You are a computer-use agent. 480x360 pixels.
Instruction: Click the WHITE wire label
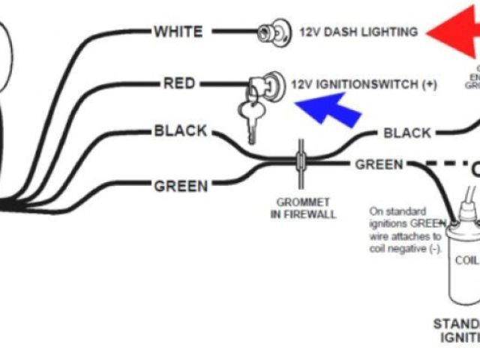pos(178,31)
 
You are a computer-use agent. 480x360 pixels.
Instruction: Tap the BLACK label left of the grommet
pos(180,131)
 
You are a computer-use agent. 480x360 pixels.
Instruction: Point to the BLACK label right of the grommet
pos(407,133)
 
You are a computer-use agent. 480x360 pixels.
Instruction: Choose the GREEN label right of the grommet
pos(379,164)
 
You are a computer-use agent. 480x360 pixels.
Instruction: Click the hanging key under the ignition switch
pos(250,116)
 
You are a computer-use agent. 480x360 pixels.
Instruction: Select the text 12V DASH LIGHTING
pos(358,32)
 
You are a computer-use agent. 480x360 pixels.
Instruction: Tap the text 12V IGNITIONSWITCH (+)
pos(364,84)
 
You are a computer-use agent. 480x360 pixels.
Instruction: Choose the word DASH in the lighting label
pos(340,32)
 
